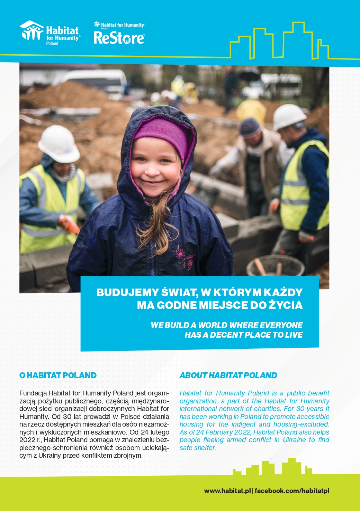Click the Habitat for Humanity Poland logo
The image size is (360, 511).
[51, 33]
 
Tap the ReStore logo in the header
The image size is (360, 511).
[119, 35]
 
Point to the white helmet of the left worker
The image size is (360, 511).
[58, 143]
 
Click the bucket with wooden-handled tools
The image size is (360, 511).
[275, 266]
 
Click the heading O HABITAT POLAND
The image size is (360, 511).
[58, 375]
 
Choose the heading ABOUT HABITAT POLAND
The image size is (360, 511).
[228, 375]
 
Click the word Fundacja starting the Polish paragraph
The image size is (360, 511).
[33, 393]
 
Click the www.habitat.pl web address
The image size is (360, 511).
[227, 491]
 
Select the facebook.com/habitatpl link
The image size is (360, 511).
[292, 491]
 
